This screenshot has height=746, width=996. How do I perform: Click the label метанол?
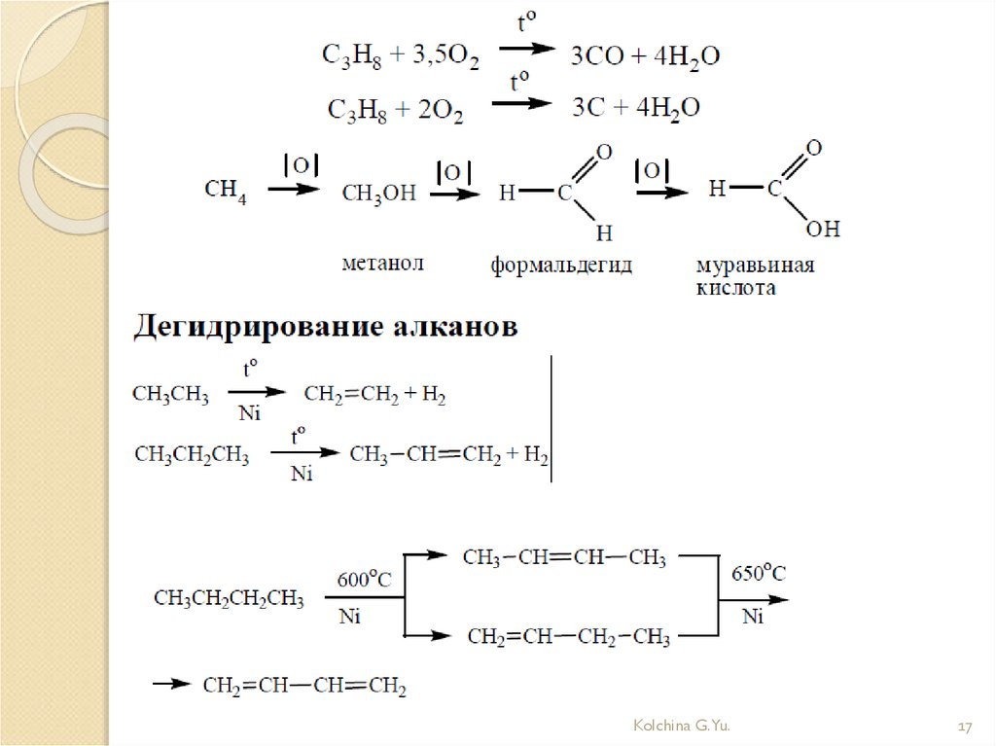pos(383,264)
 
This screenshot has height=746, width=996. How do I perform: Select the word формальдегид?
pos(561,265)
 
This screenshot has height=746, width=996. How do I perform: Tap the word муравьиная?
pos(755,266)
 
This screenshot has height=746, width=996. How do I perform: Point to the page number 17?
pos(966,727)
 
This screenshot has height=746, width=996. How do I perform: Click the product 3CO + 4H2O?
pos(645,56)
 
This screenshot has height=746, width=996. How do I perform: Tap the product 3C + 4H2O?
pos(635,108)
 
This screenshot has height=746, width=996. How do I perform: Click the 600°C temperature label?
pos(364,581)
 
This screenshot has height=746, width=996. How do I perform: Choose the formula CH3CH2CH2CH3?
pos(229,599)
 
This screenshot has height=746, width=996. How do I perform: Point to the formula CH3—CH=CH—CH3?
pos(564,558)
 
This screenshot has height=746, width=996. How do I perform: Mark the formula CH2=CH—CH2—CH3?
pos(568,638)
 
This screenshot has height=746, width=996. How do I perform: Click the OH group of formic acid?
pos(823,230)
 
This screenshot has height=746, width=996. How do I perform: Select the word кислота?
pos(736,289)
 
